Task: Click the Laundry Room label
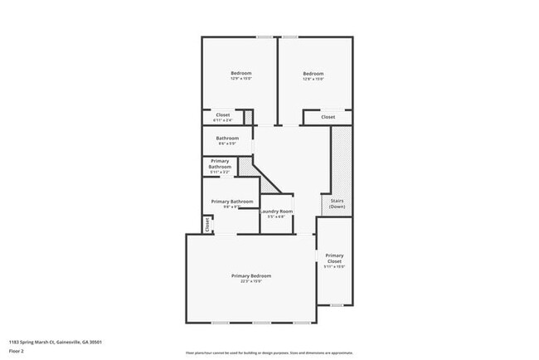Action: click(277, 212)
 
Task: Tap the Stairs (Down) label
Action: click(337, 203)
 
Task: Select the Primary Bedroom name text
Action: click(250, 275)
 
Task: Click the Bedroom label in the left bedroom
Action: click(240, 73)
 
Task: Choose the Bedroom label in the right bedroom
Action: click(313, 73)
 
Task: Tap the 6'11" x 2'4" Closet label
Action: click(222, 115)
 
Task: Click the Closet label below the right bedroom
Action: click(328, 117)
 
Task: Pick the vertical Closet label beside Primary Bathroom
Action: click(207, 224)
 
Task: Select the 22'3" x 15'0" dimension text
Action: click(250, 282)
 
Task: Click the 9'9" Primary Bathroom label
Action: click(231, 202)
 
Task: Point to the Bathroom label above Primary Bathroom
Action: click(227, 138)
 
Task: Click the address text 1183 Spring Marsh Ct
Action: click(56, 341)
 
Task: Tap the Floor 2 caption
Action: click(17, 350)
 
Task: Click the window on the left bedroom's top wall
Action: click(265, 36)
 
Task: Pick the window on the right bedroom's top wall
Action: click(289, 36)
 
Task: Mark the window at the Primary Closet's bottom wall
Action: click(337, 304)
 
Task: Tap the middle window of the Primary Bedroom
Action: click(262, 322)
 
